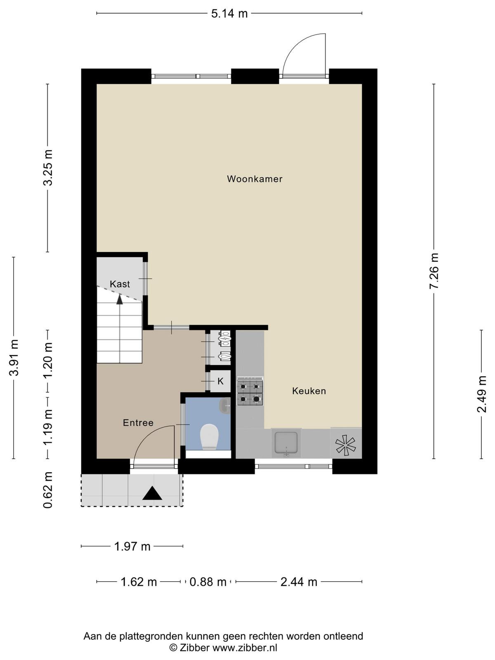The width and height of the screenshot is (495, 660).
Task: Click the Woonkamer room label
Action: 255,179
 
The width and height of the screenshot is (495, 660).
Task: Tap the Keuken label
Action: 309,391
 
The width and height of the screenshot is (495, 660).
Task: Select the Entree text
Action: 138,423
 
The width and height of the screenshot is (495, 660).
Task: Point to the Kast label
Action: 120,284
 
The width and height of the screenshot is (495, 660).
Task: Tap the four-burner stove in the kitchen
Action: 250,391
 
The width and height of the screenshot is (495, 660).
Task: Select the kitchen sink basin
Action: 286,443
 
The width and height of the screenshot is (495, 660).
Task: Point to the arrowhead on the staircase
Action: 120,299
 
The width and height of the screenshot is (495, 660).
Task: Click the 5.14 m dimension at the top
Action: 229,14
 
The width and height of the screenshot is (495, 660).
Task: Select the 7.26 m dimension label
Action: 434,271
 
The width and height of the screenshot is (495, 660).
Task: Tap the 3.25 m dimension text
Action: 48,168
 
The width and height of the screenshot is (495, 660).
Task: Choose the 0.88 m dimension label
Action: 207,582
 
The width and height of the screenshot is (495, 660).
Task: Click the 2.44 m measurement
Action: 299,582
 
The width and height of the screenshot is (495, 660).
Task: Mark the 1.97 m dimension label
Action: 132,546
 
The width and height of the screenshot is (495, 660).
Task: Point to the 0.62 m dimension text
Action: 48,490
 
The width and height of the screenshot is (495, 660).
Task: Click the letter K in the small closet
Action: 220,381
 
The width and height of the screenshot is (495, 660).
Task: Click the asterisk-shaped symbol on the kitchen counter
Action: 346,444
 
